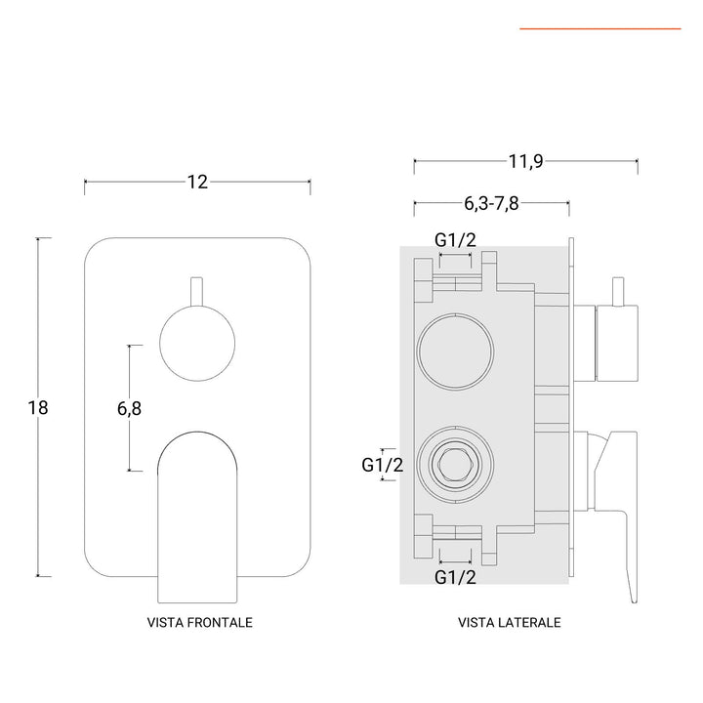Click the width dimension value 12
coord(197,183)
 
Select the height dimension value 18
coord(38,407)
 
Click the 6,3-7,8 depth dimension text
coord(492,204)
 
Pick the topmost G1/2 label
coord(455,241)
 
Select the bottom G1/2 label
coord(455,577)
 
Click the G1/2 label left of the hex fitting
coord(382,466)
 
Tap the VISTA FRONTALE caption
coord(198,622)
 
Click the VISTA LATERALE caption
coord(509,622)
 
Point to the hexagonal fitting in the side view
coord(454,460)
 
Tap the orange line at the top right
coord(600,29)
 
